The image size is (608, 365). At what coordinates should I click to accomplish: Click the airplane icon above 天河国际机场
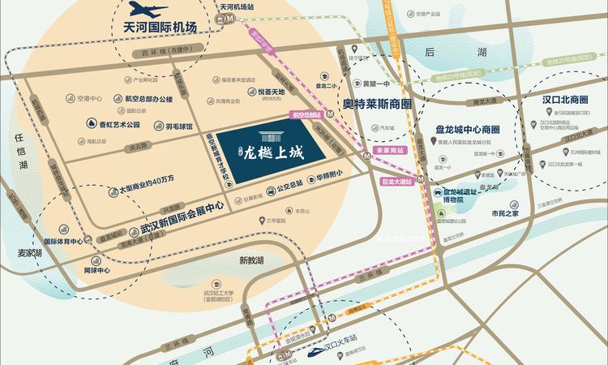click(148, 11)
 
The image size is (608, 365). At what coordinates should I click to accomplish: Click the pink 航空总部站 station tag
click(306, 116)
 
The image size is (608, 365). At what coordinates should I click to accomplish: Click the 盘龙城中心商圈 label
click(466, 130)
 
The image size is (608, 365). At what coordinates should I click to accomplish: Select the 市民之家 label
click(508, 213)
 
